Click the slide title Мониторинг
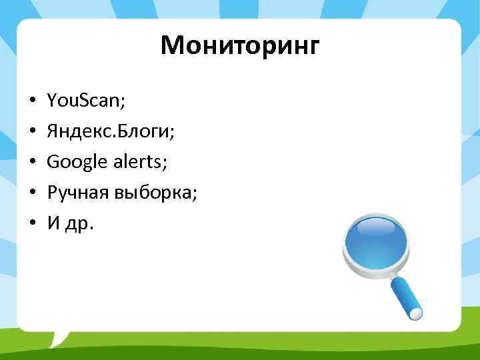point(240,47)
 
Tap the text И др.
point(70,223)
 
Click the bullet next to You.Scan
point(32,102)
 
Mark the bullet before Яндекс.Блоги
point(32,133)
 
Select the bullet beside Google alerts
point(32,163)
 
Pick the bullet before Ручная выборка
point(32,193)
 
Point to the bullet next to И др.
point(32,224)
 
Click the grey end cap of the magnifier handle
point(418,313)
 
